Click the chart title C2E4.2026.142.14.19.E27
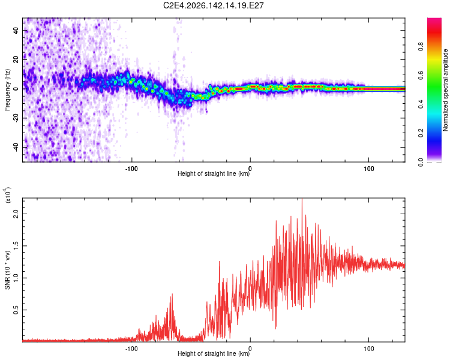click(213, 5)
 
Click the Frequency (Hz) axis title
click(7, 90)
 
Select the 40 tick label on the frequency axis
click(16, 31)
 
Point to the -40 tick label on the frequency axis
click(16, 148)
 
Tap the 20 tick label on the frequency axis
click(16, 60)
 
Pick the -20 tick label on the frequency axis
click(16, 118)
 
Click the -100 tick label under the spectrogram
click(131, 169)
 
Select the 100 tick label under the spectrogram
click(369, 169)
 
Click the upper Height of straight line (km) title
click(214, 173)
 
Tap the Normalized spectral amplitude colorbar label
click(445, 90)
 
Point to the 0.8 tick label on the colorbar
click(421, 47)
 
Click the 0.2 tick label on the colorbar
click(421, 133)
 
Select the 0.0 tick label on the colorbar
click(421, 162)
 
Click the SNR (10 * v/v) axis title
click(7, 270)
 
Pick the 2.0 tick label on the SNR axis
click(16, 214)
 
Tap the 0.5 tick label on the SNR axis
click(16, 310)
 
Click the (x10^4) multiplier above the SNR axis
click(8, 195)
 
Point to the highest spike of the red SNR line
click(302, 199)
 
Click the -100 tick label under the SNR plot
click(131, 349)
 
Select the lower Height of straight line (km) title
click(214, 353)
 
